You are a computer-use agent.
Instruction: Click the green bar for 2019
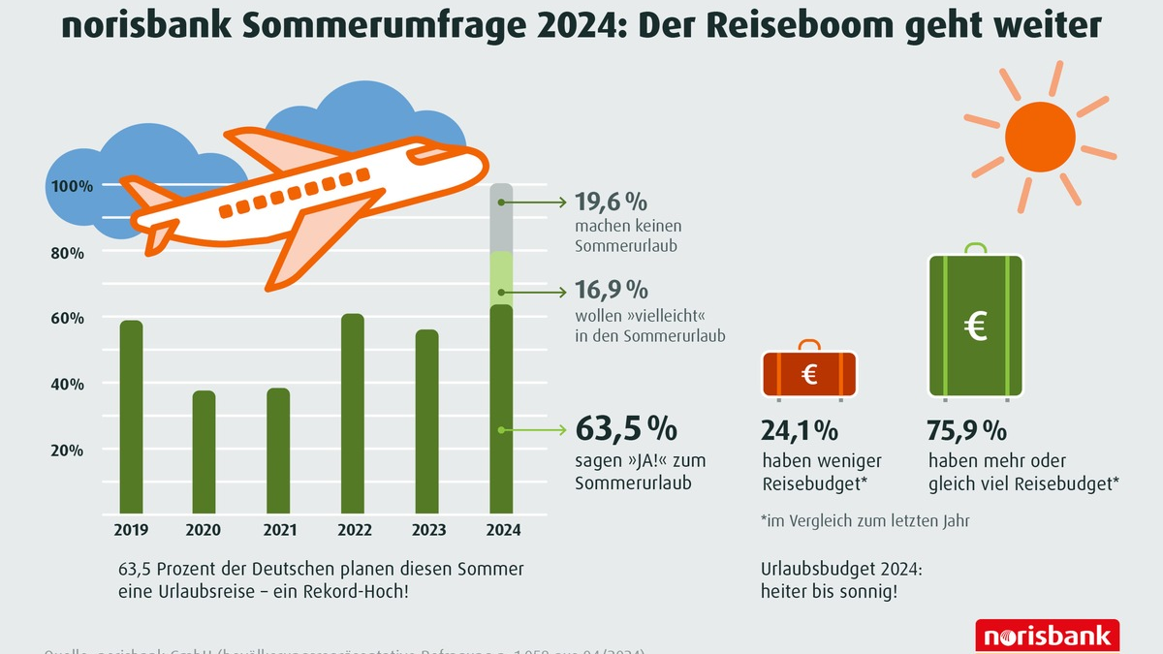[x=131, y=417]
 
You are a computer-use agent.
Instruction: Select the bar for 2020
[x=204, y=452]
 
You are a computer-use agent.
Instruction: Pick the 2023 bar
[x=426, y=421]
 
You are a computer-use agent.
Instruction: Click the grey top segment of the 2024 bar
[x=501, y=218]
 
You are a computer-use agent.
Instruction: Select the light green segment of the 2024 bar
[x=501, y=278]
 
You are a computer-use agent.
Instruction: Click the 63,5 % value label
[x=626, y=427]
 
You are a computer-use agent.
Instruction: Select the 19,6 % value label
[x=611, y=202]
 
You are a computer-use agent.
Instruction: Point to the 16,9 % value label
[x=611, y=290]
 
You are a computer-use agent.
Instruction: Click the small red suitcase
[x=809, y=374]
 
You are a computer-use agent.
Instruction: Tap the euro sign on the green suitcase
[x=975, y=328]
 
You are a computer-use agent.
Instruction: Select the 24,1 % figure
[x=800, y=429]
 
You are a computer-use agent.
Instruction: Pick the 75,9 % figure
[x=966, y=429]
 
